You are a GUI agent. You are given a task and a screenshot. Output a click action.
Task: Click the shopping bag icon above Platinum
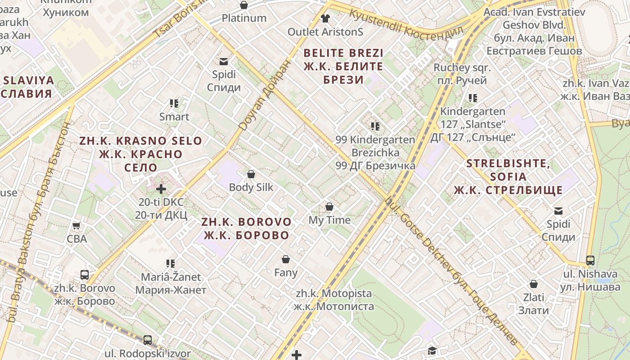tap(244, 5)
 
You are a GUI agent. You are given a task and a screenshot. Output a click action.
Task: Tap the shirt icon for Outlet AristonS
tap(325, 18)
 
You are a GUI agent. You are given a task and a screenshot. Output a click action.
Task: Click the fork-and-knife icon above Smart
tap(174, 103)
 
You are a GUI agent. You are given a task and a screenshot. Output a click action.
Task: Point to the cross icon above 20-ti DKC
tap(161, 189)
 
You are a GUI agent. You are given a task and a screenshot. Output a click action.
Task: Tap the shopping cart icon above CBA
tap(76, 225)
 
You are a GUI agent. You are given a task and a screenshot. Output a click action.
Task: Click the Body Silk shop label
tap(251, 187)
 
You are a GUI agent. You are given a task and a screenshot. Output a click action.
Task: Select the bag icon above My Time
tap(329, 207)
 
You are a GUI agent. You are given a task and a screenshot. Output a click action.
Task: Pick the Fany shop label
tap(286, 273)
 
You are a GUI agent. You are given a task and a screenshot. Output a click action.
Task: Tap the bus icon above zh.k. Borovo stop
tap(85, 274)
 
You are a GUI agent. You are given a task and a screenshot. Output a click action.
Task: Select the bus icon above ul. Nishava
tap(590, 260)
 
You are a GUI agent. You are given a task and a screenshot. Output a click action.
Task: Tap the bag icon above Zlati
tap(534, 284)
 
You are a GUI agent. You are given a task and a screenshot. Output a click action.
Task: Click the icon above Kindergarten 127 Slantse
tap(472, 98)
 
